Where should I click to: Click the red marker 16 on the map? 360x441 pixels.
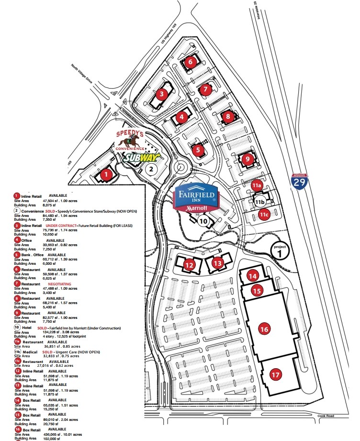coord(264,329)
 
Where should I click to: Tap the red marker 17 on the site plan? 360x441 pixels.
coord(275,375)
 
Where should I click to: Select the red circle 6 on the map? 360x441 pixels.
coord(190,62)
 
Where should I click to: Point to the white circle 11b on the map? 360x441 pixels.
coord(260,202)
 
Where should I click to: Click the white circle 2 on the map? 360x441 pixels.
coord(151,169)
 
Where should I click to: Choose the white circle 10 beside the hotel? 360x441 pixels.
coord(203,221)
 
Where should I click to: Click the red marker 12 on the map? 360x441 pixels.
coord(190,264)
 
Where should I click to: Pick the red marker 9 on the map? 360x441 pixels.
coord(247,159)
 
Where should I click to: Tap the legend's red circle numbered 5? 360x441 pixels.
coord(17,255)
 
